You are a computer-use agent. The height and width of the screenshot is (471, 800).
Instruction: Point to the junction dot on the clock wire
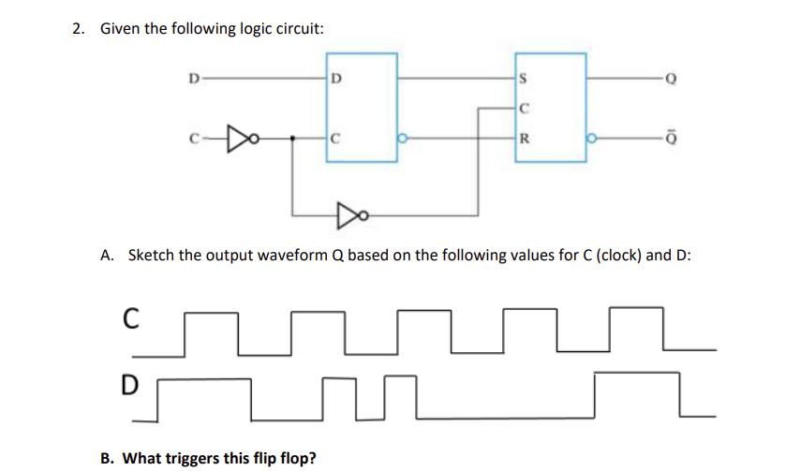point(294,139)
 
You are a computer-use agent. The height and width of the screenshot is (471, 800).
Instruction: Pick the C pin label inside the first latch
point(336,139)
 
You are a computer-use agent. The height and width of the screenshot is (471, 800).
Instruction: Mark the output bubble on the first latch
point(404,139)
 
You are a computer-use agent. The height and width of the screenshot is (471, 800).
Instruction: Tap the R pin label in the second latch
point(525,139)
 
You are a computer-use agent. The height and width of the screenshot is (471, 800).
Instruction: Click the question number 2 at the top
point(78,28)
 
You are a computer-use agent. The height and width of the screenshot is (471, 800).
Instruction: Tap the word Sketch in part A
point(151,254)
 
